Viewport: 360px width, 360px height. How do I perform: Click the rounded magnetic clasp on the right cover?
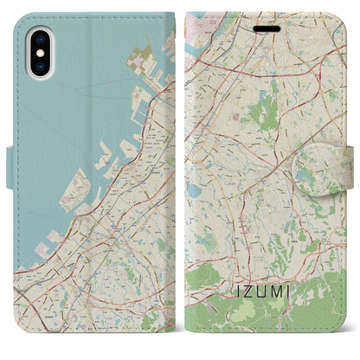point(337,161)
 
